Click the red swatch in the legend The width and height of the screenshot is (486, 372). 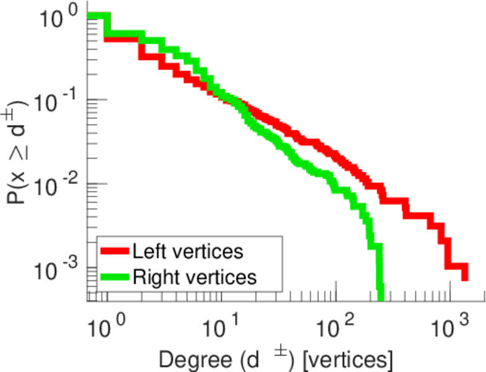click(x=115, y=251)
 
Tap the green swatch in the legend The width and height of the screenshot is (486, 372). click(x=115, y=277)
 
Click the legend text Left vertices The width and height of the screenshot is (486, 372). click(x=188, y=251)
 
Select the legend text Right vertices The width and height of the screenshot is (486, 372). click(x=194, y=277)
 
